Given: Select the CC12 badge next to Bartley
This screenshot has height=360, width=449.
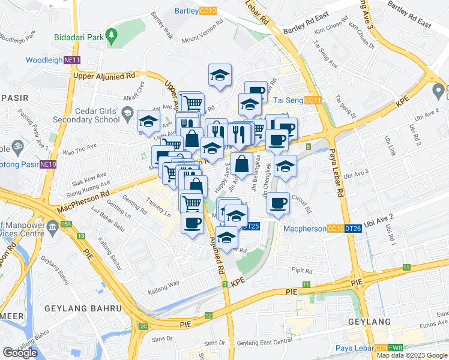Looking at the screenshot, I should click(208, 11).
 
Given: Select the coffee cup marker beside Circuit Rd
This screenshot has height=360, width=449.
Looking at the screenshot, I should click(278, 203).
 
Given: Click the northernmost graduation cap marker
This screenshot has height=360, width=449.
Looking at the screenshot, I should click(220, 76).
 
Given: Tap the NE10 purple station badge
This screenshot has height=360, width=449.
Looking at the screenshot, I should click(48, 164).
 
